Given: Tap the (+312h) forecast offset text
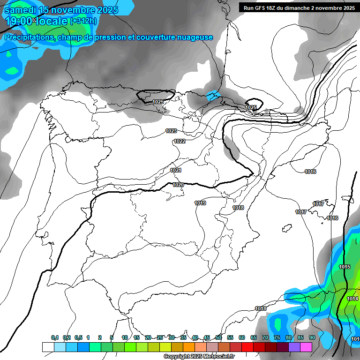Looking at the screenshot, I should click(83, 21).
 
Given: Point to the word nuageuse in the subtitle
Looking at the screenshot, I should click(193, 37).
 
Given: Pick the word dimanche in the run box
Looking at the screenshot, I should click(294, 7).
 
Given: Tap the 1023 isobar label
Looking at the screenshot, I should click(171, 131).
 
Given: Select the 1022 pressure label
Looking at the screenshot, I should click(180, 141).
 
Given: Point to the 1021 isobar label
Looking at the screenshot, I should click(176, 170).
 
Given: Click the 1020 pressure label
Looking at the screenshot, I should click(178, 185).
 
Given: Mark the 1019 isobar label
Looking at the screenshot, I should click(200, 203).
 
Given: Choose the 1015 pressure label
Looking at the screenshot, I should click(345, 267).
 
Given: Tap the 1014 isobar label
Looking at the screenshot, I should click(352, 299).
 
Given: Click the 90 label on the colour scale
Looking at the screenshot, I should click(312, 337).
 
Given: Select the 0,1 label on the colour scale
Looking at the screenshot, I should click(55, 337).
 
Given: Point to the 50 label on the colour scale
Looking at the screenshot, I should click(218, 337).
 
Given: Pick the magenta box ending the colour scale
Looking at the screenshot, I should click(306, 347).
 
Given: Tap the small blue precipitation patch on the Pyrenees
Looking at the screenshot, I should click(213, 95).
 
